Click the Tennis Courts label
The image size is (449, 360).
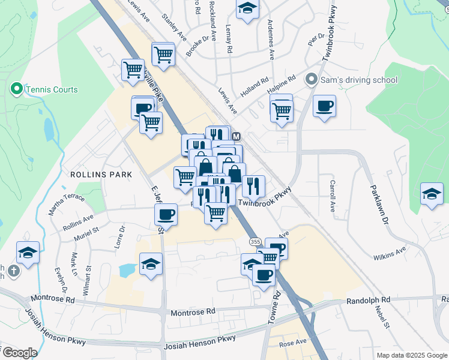pos(52,89)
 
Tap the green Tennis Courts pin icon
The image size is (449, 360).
pos(16,89)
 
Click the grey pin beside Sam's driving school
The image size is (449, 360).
pos(311,79)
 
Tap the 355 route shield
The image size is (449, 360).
pos(255,241)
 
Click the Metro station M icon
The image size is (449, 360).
pos(237,136)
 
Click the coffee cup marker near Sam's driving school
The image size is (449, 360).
pos(324,107)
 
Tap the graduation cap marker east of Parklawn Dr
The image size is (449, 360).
pos(432,194)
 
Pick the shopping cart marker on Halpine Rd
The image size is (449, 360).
pos(281,110)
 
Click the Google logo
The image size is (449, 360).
pos(19,353)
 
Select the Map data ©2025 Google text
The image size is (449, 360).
pos(411,355)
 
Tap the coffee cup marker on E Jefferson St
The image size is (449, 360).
pos(166,214)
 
